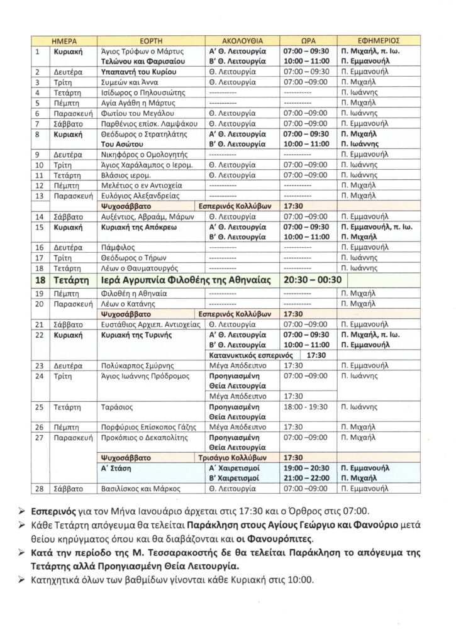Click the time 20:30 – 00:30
click(313, 280)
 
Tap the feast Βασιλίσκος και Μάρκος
click(142, 488)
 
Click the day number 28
click(40, 488)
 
